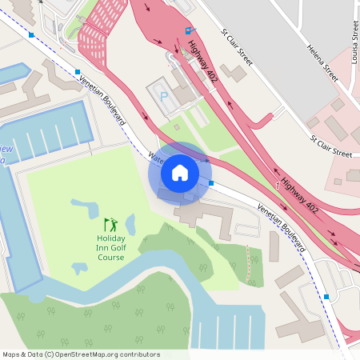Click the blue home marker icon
tap(179, 172)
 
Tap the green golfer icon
tap(110, 223)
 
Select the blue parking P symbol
tap(164, 95)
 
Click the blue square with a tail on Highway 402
tap(189, 30)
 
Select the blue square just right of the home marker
tap(211, 183)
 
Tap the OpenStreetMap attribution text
tap(81, 354)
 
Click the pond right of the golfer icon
tap(130, 226)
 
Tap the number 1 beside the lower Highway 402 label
tap(278, 186)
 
